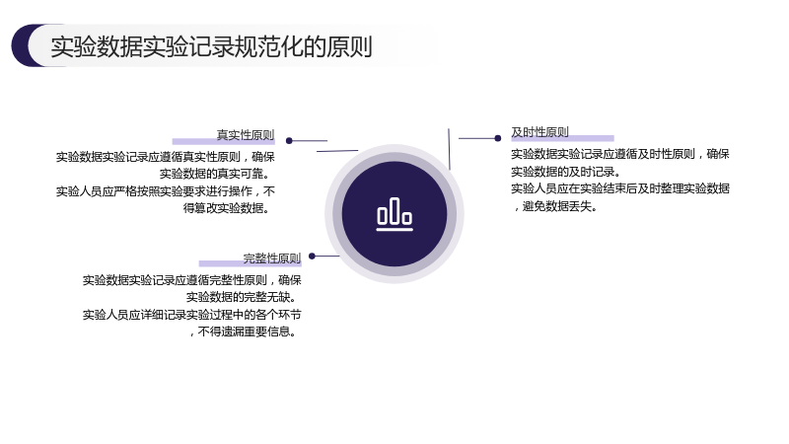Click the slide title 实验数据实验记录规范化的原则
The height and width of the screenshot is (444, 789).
(211, 46)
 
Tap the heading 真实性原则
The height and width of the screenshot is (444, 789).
(246, 135)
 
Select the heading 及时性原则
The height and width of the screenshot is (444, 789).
(539, 132)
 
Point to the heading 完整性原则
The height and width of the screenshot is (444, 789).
(272, 259)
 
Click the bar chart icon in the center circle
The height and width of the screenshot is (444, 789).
(394, 214)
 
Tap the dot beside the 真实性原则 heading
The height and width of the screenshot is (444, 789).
(289, 140)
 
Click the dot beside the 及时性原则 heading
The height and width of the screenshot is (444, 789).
(498, 138)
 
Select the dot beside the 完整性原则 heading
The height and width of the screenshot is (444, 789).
(312, 256)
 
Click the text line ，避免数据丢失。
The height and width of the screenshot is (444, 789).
(554, 206)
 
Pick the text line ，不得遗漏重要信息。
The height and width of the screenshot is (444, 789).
(244, 332)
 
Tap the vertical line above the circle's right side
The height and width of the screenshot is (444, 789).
(449, 149)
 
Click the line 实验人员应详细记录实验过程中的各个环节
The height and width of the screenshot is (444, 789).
(191, 315)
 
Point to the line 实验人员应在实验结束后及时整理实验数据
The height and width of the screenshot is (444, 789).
(620, 188)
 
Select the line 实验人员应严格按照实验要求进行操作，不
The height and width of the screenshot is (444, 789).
(166, 191)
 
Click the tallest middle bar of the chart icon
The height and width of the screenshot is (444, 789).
(394, 210)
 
